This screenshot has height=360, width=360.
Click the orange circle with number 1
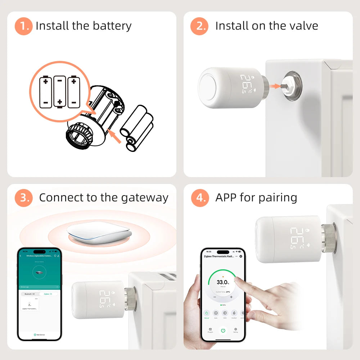pos(23,26)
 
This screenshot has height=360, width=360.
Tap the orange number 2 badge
pos(199,26)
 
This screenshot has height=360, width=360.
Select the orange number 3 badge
pos(23,198)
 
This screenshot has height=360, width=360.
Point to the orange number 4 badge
pos(199,198)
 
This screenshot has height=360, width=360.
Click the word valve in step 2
pos(303,26)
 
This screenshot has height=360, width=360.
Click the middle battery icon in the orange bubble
pos(59,91)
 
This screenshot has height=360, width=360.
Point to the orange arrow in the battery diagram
pos(115,137)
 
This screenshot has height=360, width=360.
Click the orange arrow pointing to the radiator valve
pos(275,86)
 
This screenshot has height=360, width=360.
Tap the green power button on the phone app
pos(223,330)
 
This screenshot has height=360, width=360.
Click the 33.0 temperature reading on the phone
pos(222,282)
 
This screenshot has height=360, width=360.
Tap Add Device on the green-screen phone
pos(40,335)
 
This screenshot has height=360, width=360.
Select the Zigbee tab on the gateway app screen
pos(48,294)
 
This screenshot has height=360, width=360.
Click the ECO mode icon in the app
pos(225,314)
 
